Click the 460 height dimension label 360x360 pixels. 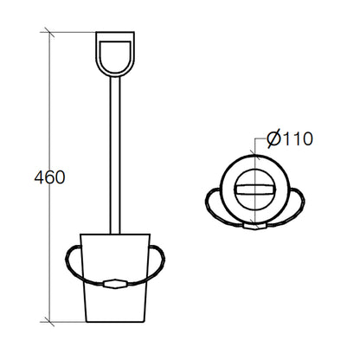tap(49, 177)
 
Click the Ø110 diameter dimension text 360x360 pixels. tap(290, 138)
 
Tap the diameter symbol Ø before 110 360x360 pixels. tap(273, 139)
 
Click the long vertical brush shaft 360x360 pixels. tap(115, 155)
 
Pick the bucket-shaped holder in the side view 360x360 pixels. tap(115, 278)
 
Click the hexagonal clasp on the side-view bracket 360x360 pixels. tap(115, 283)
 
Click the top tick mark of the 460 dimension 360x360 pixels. tap(49, 32)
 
